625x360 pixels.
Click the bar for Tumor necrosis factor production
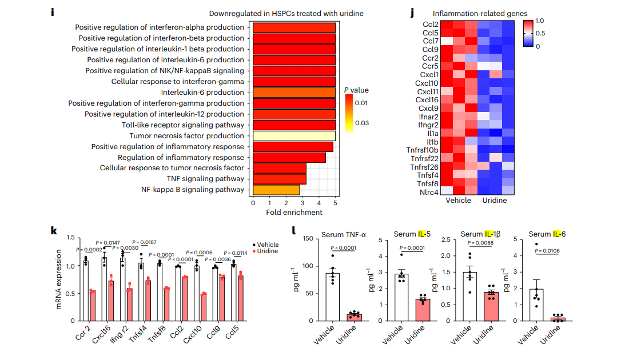coord(294,136)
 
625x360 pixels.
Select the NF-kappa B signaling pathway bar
coord(276,190)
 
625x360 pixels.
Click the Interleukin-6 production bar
coord(294,93)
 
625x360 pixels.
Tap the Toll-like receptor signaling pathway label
coord(183,125)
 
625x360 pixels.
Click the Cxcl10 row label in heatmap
coord(427,83)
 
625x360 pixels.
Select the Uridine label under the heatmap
coord(494,201)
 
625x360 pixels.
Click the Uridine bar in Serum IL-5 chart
coord(423,309)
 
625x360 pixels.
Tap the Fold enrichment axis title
coord(294,213)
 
